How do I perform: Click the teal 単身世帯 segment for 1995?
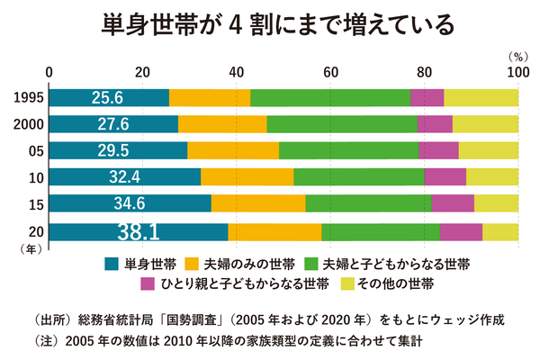point(108,97)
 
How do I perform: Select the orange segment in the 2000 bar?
point(222,124)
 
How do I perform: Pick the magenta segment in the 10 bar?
point(445,177)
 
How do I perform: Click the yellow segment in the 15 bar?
point(496,203)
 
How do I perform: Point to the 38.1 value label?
point(138,231)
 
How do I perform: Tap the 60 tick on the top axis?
point(330,72)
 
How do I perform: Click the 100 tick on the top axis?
point(517,72)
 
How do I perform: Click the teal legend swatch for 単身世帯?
point(112,265)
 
